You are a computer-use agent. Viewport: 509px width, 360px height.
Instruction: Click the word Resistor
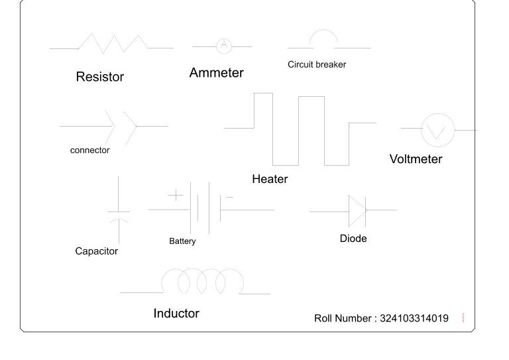(99, 77)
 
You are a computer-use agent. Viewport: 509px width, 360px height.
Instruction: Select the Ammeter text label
(216, 73)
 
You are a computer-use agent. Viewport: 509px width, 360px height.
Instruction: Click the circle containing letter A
(223, 46)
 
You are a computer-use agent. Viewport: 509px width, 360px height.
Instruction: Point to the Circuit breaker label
(317, 65)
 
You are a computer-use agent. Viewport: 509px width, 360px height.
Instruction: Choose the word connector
(89, 150)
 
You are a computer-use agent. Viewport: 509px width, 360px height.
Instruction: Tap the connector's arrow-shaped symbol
(123, 125)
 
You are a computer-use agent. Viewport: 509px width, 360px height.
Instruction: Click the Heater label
(270, 180)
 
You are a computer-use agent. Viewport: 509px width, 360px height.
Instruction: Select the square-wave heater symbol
(298, 129)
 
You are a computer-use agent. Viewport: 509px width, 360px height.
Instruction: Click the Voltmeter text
(416, 159)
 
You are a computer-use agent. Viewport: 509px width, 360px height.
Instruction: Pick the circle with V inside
(437, 131)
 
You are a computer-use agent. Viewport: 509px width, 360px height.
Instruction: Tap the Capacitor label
(96, 251)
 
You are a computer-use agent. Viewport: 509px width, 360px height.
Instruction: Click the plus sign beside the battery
(174, 195)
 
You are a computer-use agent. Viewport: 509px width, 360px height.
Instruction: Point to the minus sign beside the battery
(229, 197)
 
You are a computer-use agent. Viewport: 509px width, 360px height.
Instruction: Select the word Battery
(183, 241)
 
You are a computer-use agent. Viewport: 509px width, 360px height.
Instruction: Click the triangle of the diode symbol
(357, 210)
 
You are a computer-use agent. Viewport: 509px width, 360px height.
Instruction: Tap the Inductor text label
(176, 313)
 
